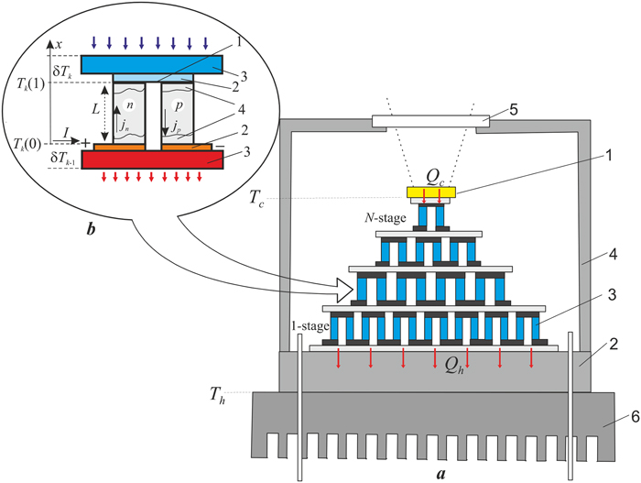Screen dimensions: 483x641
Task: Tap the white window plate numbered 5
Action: click(x=429, y=120)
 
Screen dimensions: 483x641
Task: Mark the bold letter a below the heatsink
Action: click(x=440, y=474)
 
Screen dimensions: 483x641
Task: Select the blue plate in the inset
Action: click(x=147, y=65)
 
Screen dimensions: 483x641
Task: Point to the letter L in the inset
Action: click(x=94, y=110)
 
